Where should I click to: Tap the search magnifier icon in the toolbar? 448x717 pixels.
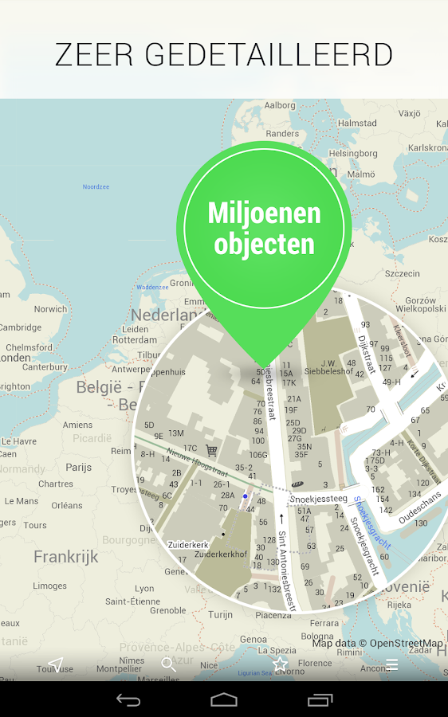pos(167,664)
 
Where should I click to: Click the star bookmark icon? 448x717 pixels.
pos(280,664)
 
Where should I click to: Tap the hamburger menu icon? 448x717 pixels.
pos(391,664)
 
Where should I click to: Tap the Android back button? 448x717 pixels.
pos(128,700)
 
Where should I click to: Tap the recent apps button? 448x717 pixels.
pos(320,700)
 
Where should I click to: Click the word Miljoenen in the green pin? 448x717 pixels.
pos(264,213)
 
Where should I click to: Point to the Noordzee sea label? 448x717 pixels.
pos(96,187)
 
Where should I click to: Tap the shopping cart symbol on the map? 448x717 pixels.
pos(211,450)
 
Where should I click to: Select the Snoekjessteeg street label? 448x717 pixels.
pos(319,499)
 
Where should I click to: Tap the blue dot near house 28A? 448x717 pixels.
pos(246,496)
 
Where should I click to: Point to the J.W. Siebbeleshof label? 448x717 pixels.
pos(328,366)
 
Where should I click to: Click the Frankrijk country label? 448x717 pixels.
pos(65,557)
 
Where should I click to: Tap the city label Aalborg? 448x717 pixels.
pos(280,105)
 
